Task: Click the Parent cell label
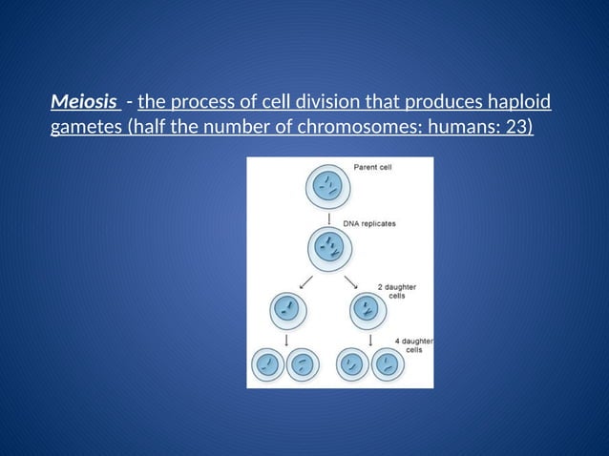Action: (x=372, y=166)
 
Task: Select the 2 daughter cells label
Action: (x=395, y=291)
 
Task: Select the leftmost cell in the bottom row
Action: (x=269, y=363)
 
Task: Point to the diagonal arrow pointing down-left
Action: (x=304, y=281)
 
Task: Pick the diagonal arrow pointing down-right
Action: (x=350, y=281)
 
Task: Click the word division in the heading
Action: (x=358, y=102)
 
